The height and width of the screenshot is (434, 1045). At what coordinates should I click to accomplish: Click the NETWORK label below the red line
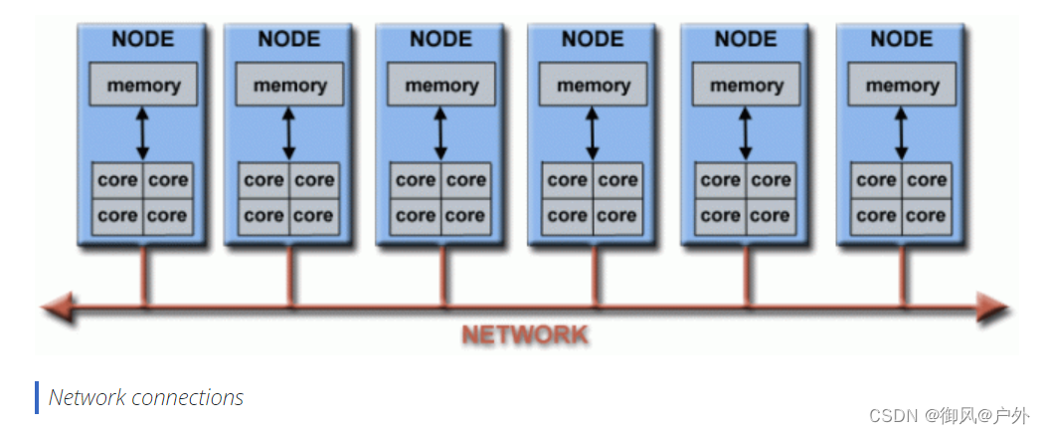pyautogui.click(x=524, y=334)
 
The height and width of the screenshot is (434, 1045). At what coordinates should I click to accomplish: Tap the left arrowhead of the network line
pyautogui.click(x=55, y=308)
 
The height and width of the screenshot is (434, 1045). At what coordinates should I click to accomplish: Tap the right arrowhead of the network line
pyautogui.click(x=994, y=308)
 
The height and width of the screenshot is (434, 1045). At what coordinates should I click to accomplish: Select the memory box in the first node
pyautogui.click(x=143, y=86)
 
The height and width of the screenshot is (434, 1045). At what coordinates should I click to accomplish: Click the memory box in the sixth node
pyautogui.click(x=902, y=86)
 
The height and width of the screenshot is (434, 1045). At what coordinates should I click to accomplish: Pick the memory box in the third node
pyautogui.click(x=441, y=86)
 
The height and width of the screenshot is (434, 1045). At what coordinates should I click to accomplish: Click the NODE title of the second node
pyautogui.click(x=289, y=40)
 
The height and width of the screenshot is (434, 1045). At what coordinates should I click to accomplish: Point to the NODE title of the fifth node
pyautogui.click(x=746, y=40)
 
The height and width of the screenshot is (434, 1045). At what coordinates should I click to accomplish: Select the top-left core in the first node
pyautogui.click(x=117, y=180)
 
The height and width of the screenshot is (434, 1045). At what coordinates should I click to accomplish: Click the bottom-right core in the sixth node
pyautogui.click(x=927, y=215)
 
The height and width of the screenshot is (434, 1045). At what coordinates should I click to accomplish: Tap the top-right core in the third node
pyautogui.click(x=466, y=180)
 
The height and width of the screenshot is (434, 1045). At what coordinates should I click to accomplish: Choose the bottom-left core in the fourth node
pyautogui.click(x=567, y=215)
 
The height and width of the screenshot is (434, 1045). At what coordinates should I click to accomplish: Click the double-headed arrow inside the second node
pyautogui.click(x=289, y=132)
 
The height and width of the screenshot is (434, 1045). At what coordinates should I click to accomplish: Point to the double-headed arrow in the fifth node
pyautogui.click(x=746, y=132)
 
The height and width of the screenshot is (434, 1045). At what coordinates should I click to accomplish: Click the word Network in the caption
pyautogui.click(x=87, y=397)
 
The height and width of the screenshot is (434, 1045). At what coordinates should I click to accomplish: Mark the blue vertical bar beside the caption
pyautogui.click(x=37, y=397)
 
